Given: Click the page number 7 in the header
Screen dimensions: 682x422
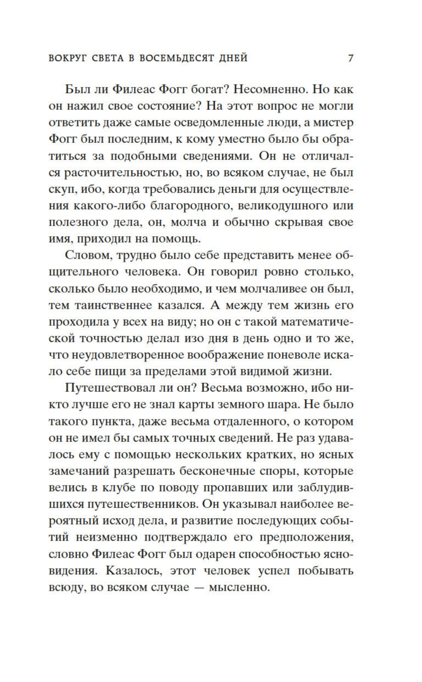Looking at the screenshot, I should click(350, 58).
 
